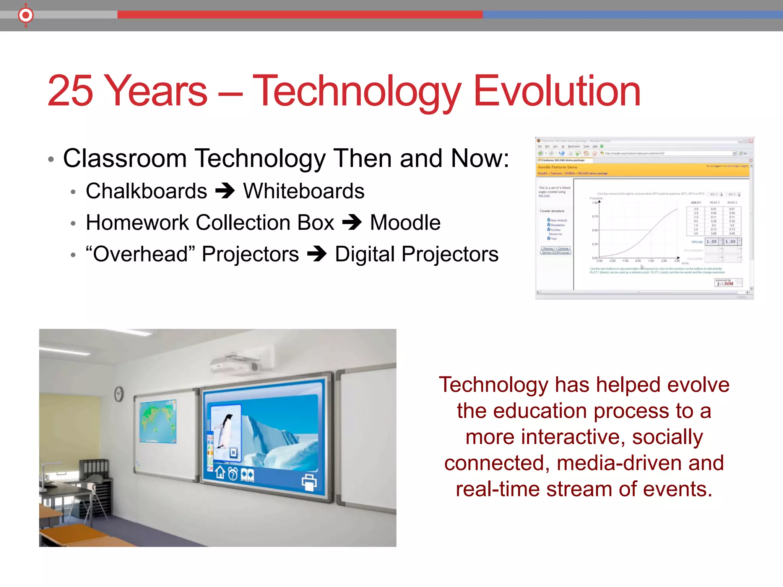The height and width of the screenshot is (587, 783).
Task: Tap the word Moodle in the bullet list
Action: (405, 222)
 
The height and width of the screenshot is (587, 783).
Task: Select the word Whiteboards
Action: (304, 191)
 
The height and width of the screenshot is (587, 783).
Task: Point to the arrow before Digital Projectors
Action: (317, 254)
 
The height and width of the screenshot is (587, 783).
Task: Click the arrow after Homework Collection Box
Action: (352, 222)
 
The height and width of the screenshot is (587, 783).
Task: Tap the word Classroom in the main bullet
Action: (125, 158)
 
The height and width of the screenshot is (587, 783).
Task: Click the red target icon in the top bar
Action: (26, 15)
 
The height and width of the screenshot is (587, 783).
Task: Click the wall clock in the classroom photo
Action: (119, 393)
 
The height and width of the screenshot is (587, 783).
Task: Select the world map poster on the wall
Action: (158, 421)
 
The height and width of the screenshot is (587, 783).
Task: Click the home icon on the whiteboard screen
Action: (220, 472)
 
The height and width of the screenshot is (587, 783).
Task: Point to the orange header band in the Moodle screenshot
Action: (642, 170)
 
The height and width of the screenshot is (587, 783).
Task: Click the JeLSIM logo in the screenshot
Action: (725, 283)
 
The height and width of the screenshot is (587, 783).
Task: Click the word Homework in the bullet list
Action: (137, 222)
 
